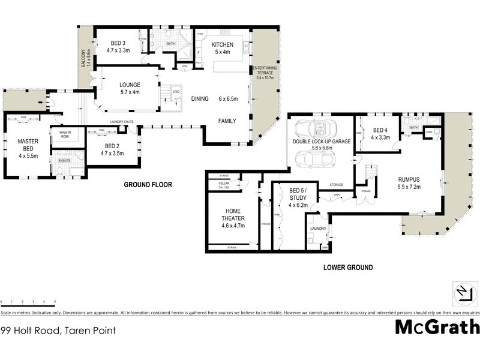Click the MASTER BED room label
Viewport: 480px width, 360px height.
tap(28, 148)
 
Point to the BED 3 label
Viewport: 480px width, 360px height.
tap(118, 47)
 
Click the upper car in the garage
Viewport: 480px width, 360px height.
tap(315, 129)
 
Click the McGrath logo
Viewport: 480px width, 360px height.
tap(437, 327)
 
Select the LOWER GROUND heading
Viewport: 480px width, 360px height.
tap(348, 267)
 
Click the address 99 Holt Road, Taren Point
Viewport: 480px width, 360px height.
tap(58, 330)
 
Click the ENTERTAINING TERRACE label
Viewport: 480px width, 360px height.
tap(264, 73)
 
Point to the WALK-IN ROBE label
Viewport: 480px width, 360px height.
tap(61, 134)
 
